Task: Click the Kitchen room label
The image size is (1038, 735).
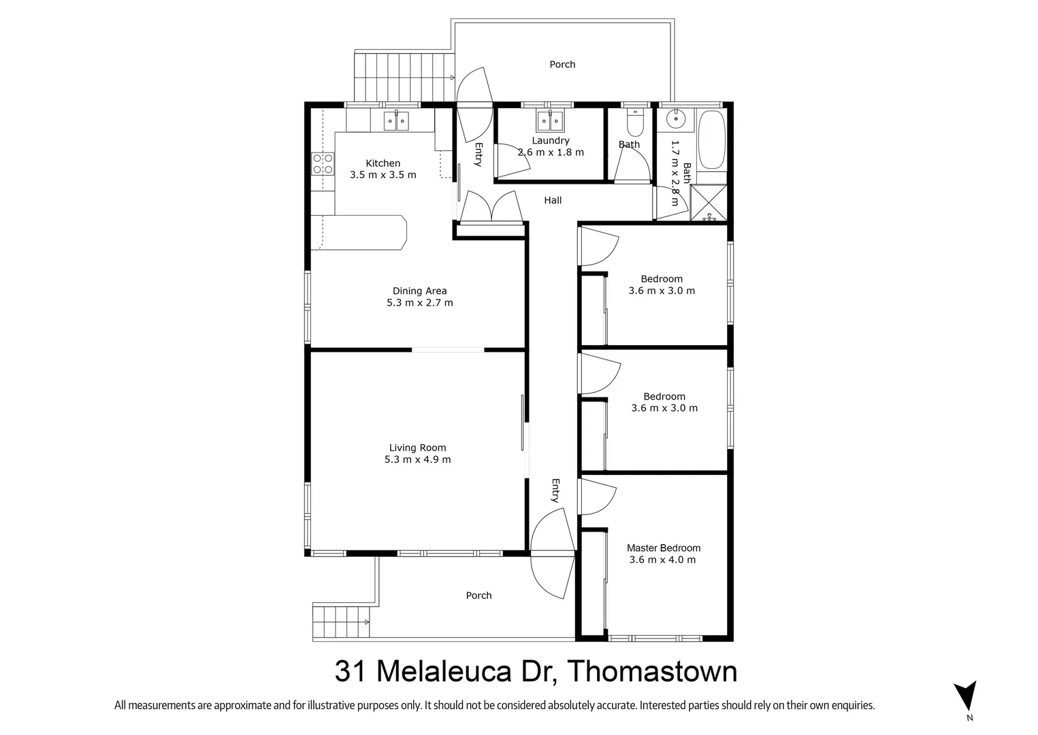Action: tap(383, 163)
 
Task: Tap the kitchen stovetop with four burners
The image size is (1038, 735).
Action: tap(323, 164)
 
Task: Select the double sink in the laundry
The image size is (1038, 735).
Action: tap(550, 121)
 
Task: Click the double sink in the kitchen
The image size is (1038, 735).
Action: tap(396, 121)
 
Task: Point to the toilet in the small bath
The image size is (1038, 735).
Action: tap(634, 123)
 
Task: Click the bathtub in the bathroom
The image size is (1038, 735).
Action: tap(712, 140)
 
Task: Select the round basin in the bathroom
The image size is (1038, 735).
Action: tap(676, 120)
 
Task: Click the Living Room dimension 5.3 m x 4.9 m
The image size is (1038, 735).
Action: tap(417, 459)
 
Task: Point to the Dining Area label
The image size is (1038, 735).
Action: tap(419, 291)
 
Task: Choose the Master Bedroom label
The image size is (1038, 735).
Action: tap(663, 548)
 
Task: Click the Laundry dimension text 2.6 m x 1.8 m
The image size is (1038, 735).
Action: tap(551, 152)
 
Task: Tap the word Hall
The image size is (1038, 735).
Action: tap(553, 200)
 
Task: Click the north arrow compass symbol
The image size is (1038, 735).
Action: tap(964, 696)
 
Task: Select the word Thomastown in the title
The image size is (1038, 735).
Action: tap(652, 672)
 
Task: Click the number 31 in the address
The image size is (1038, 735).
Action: tap(351, 672)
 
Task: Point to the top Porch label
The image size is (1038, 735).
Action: tap(562, 64)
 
